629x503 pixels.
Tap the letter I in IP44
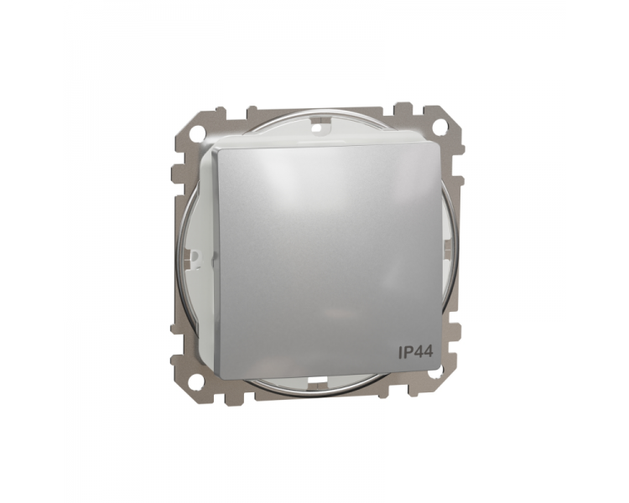pyautogui.click(x=399, y=352)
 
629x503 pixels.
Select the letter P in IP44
pyautogui.click(x=408, y=352)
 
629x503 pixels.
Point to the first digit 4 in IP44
pyautogui.click(x=418, y=352)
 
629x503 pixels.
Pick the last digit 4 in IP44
pyautogui.click(x=428, y=352)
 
